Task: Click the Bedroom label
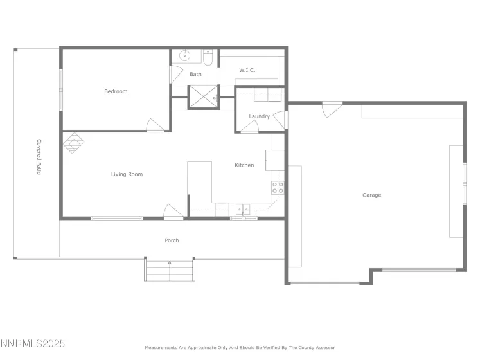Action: pyautogui.click(x=116, y=91)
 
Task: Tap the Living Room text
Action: pyautogui.click(x=127, y=174)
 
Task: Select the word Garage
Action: pyautogui.click(x=371, y=195)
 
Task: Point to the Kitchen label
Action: pyautogui.click(x=244, y=165)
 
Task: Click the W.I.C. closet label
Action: pyautogui.click(x=247, y=70)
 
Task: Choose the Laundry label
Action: pyautogui.click(x=259, y=116)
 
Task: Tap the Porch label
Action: pyautogui.click(x=172, y=240)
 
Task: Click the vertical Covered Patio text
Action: pyautogui.click(x=39, y=157)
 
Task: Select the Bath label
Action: pyautogui.click(x=195, y=74)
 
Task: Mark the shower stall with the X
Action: pyautogui.click(x=202, y=97)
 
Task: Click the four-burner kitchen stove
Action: pyautogui.click(x=278, y=188)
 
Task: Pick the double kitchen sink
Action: pyautogui.click(x=243, y=209)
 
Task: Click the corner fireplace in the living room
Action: pyautogui.click(x=73, y=143)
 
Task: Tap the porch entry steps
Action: pyautogui.click(x=169, y=270)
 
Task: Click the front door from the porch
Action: pyautogui.click(x=173, y=212)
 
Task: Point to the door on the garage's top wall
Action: pyautogui.click(x=332, y=109)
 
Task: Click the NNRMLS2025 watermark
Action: pyautogui.click(x=33, y=344)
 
